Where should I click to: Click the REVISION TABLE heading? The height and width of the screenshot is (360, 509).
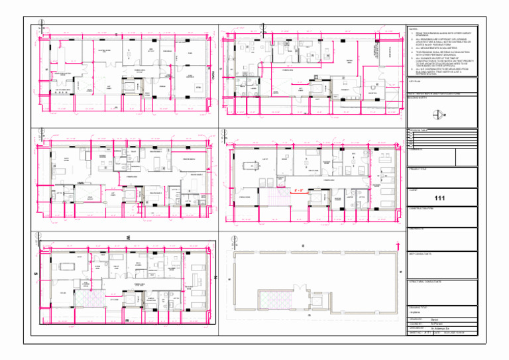[420, 129]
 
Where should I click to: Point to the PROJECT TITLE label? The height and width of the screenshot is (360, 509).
[419, 168]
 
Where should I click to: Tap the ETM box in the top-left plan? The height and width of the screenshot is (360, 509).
[198, 87]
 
